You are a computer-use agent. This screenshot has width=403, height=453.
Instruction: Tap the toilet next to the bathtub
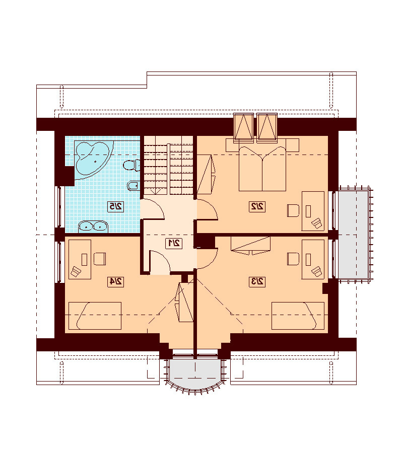click(132, 165)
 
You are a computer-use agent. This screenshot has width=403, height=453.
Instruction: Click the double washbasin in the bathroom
click(93, 226)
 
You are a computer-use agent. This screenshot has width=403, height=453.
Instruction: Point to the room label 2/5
click(116, 206)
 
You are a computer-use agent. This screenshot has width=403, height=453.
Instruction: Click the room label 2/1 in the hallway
click(174, 243)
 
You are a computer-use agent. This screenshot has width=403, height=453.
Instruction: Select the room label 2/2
click(257, 206)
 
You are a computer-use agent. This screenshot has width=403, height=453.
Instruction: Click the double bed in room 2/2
click(262, 169)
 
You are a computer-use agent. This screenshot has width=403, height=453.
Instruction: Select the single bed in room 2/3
click(298, 316)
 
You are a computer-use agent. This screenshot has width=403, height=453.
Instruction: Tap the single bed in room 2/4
click(95, 316)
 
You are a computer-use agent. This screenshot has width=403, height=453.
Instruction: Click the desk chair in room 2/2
click(293, 210)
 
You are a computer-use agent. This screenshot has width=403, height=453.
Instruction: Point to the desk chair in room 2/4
click(99, 259)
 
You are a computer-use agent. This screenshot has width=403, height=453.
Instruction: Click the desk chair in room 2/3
click(293, 259)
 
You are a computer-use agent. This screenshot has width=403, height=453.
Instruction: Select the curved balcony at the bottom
click(195, 374)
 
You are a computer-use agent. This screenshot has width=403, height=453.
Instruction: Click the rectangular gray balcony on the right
click(353, 234)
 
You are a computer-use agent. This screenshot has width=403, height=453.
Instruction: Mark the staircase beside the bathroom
click(169, 165)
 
